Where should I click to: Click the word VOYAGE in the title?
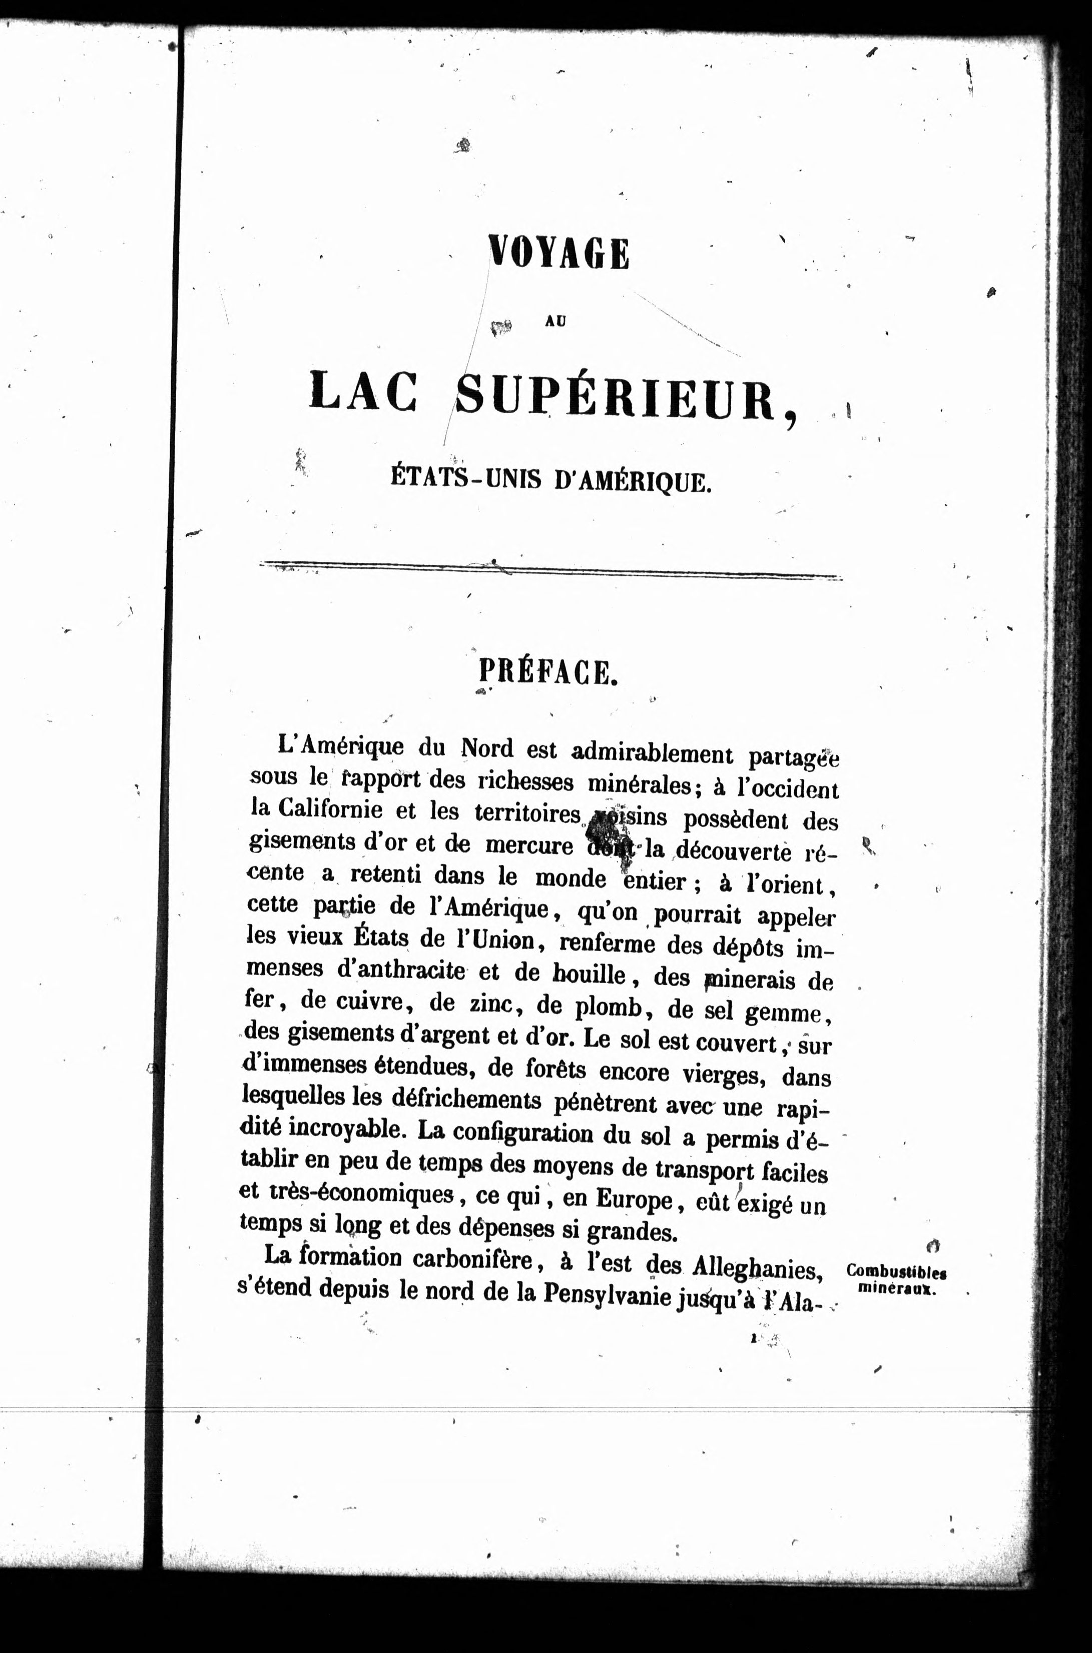point(559,253)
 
